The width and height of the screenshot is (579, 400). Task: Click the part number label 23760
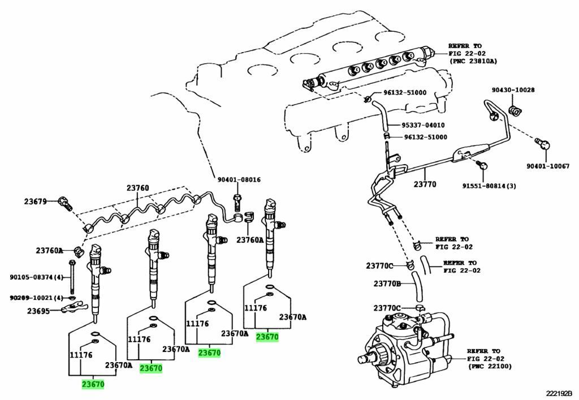(137, 188)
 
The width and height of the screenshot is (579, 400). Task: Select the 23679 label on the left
(35, 201)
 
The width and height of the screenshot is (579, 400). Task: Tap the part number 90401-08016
(239, 180)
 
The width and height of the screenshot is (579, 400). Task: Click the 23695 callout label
(38, 310)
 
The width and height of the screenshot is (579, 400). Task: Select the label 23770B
(387, 283)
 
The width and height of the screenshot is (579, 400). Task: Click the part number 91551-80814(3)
(489, 186)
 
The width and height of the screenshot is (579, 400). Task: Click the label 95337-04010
(423, 125)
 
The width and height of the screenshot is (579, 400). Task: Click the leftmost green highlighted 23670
(93, 384)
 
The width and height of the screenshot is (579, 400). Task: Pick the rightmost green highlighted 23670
(267, 337)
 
